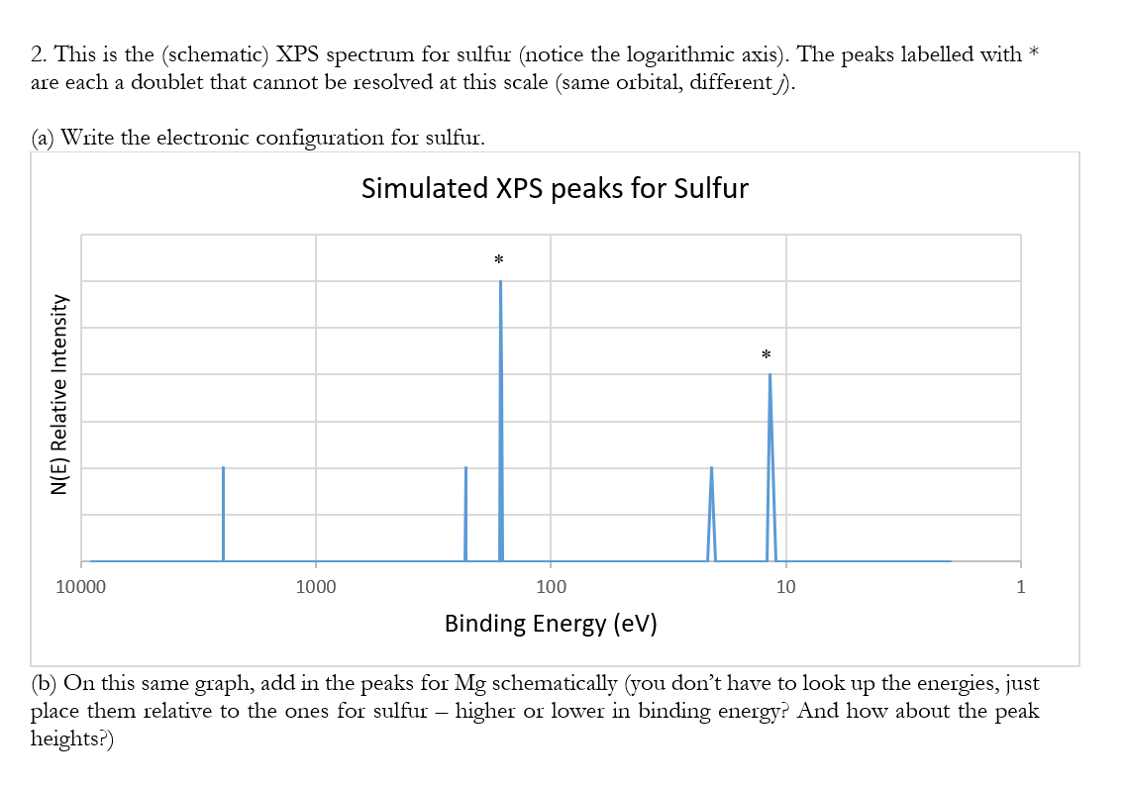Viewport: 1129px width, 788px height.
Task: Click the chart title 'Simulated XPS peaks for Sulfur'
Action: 555,188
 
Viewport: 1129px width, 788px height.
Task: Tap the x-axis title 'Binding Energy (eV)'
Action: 551,624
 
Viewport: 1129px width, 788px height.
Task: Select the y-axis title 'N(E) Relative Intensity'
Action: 60,395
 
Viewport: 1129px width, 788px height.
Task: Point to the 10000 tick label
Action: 80,587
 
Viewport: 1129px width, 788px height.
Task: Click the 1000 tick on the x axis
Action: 316,587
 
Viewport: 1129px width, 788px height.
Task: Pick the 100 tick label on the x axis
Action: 551,587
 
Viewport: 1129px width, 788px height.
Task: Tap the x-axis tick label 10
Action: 785,587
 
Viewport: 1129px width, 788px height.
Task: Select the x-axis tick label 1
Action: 1020,587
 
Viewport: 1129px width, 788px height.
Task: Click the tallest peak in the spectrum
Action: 500,416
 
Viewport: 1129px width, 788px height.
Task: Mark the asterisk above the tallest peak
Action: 498,260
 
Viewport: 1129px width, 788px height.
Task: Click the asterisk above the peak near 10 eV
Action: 766,354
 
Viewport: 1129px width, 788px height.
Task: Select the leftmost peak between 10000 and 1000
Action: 223,513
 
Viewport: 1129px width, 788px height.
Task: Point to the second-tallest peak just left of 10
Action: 770,465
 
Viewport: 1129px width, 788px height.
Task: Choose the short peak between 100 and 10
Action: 711,513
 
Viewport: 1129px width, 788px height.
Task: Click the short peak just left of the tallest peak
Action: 465,513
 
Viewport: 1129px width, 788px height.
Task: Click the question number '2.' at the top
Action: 41,55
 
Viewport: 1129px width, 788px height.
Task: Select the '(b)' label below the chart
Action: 44,683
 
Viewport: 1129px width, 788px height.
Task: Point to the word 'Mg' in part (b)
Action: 470,683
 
